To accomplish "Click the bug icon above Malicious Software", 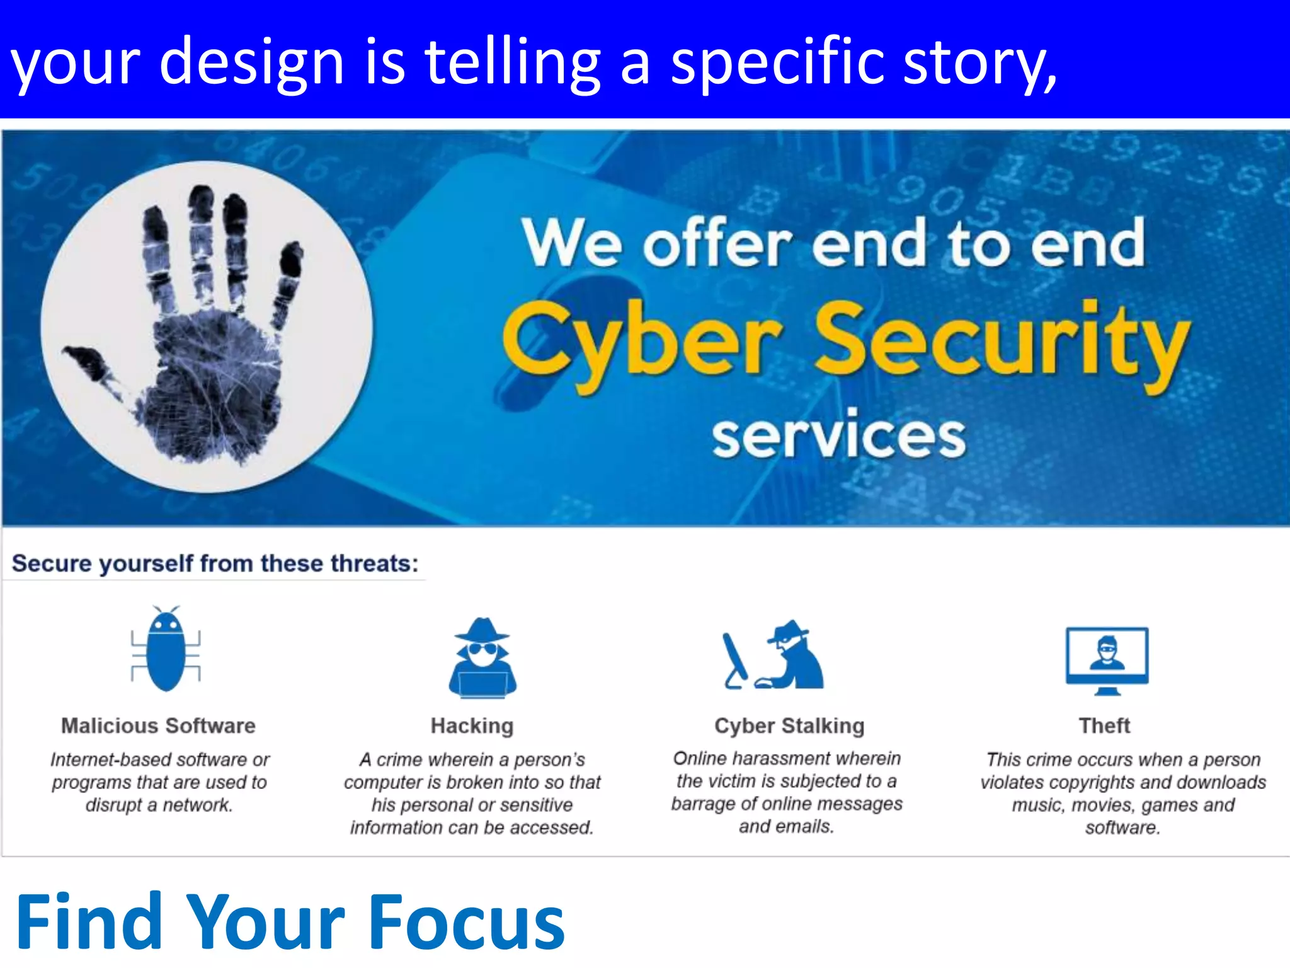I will [x=166, y=650].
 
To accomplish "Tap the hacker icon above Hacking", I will [x=482, y=659].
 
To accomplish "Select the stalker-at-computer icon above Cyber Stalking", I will [x=773, y=655].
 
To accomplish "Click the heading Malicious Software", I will [x=158, y=726].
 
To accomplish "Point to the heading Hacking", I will [x=472, y=726].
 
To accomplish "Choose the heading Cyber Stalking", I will [x=789, y=726].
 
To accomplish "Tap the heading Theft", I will [x=1104, y=726].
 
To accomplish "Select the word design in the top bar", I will [x=251, y=63].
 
